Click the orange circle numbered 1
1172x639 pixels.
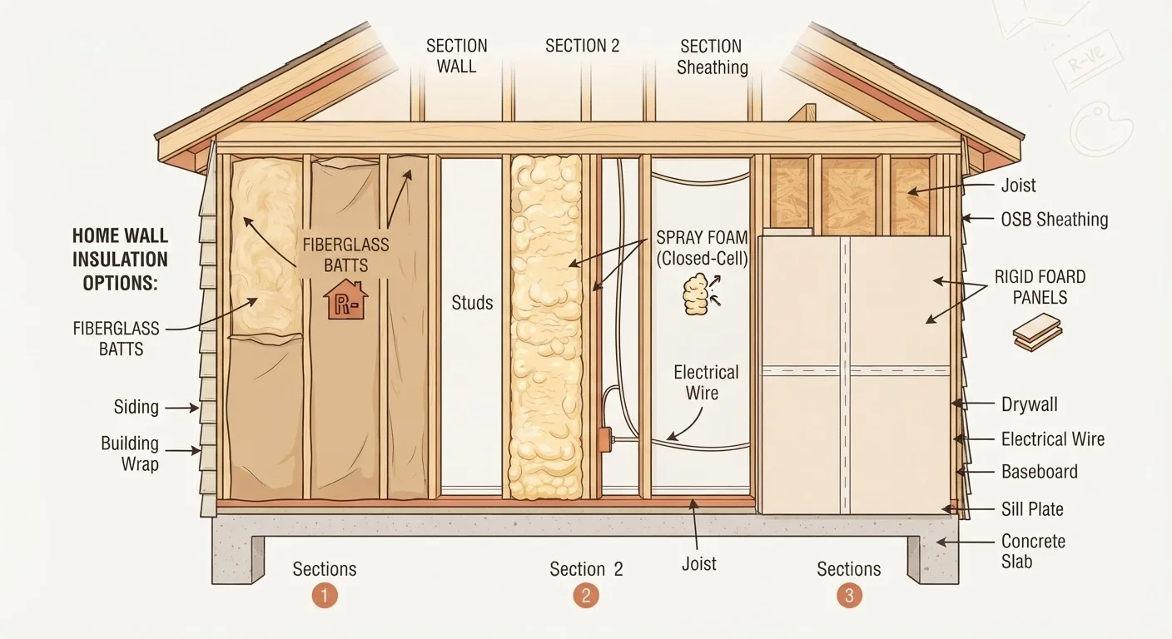coord(325,596)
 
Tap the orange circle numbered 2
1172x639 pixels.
coord(586,596)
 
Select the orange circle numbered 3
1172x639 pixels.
coord(849,596)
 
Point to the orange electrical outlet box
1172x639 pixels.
coord(605,440)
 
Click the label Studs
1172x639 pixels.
coord(472,303)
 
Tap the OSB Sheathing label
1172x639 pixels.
coord(1055,219)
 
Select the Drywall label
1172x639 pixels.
coord(1029,404)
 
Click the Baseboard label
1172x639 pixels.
coord(1039,472)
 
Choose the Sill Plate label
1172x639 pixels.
coord(1032,509)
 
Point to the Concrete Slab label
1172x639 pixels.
coord(1033,551)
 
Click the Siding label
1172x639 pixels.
coord(136,407)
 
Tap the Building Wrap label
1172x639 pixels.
coord(130,453)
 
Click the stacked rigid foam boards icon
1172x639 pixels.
coord(1037,332)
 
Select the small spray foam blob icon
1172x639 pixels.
coord(701,294)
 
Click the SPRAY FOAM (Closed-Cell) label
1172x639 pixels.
coord(702,248)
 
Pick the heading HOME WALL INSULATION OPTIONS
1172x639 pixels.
coord(120,260)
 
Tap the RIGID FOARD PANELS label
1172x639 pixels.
coord(1040,287)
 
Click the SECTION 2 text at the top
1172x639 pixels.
coord(583,46)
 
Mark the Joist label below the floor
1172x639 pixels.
coord(699,563)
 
